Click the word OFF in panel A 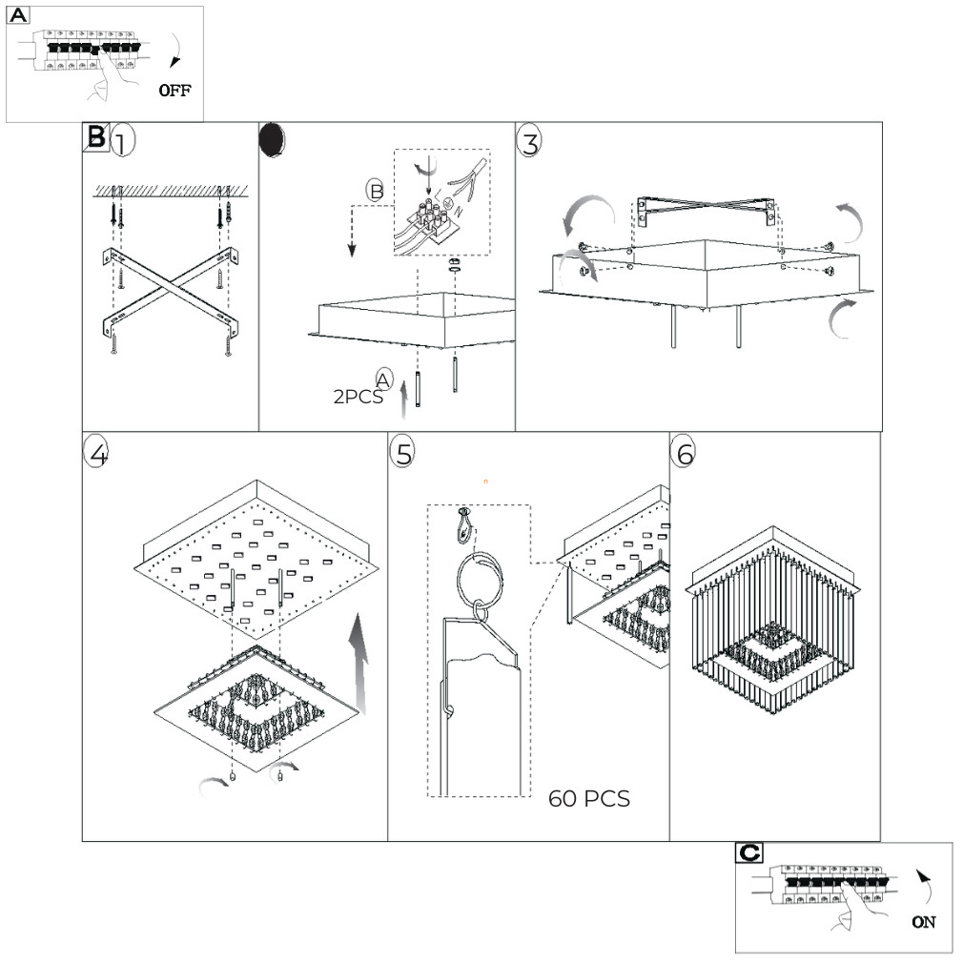[175, 92]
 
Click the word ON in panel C [924, 922]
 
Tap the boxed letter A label [19, 16]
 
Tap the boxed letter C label [749, 852]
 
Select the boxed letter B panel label [97, 136]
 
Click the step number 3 [529, 142]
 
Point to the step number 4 [96, 454]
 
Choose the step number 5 [404, 454]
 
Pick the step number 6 [684, 454]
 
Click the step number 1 [123, 142]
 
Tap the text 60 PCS [588, 799]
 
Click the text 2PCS [358, 398]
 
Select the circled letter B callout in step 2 [377, 190]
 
